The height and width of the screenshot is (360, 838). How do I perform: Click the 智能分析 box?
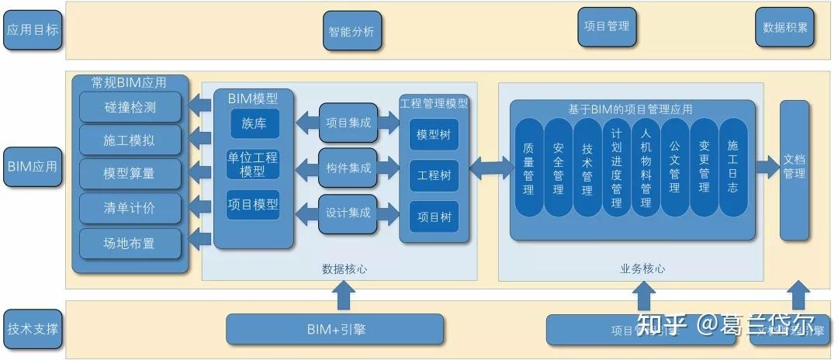[x=351, y=32]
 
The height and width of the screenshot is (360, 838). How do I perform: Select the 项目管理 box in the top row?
[x=607, y=26]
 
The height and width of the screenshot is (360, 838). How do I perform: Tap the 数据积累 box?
[x=784, y=27]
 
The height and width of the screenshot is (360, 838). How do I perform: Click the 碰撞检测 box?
[x=130, y=107]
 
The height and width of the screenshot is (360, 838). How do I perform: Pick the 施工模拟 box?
[x=130, y=140]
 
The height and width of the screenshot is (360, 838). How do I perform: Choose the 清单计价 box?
[x=130, y=208]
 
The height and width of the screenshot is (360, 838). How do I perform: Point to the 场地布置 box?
[x=130, y=243]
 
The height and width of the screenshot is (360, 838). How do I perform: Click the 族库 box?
[x=254, y=123]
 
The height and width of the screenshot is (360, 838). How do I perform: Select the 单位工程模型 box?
[x=253, y=164]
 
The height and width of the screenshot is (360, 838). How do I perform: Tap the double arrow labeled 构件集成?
[x=348, y=168]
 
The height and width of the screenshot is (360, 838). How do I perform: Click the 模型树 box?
[x=434, y=135]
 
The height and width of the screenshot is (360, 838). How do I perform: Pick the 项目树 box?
[x=434, y=216]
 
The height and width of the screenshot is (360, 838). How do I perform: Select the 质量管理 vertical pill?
[x=528, y=168]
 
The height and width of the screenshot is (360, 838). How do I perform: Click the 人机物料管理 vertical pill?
[x=646, y=168]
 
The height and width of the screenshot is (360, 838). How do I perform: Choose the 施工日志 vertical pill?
[x=733, y=168]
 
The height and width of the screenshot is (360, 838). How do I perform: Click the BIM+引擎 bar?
[x=335, y=329]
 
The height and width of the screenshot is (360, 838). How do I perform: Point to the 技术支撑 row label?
[x=33, y=327]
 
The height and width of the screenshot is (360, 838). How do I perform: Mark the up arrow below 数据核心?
[x=343, y=296]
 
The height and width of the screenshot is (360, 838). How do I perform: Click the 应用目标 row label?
[x=33, y=30]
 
